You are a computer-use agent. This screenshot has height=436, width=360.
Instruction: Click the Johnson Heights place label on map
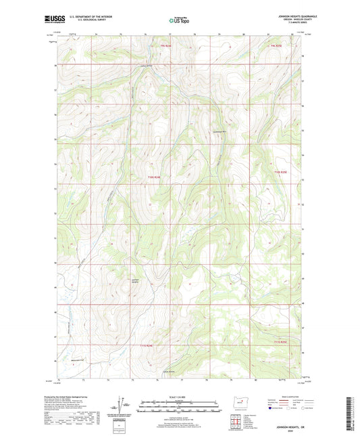(x=137, y=282)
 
